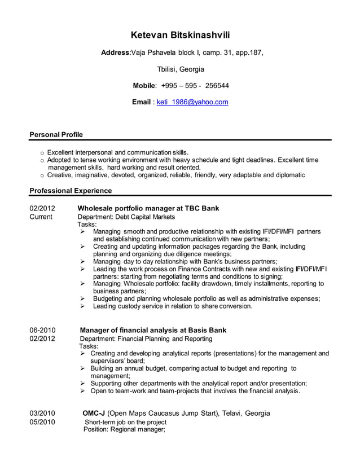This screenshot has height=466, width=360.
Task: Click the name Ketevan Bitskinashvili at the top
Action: (x=180, y=35)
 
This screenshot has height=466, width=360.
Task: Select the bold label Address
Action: (x=115, y=53)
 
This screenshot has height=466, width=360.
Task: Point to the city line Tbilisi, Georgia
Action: (x=180, y=69)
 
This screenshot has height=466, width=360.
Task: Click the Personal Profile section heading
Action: (x=56, y=134)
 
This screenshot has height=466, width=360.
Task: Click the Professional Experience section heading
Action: (x=71, y=191)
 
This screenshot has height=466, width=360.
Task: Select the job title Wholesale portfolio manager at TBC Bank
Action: (x=148, y=208)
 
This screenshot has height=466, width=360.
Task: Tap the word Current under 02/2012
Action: (x=41, y=217)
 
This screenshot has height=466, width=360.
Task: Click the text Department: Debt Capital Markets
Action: (x=126, y=217)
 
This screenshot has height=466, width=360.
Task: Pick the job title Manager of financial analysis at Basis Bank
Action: (x=153, y=330)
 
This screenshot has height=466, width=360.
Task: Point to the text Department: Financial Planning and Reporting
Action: (x=146, y=338)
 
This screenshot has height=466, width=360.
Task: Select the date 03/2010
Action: (x=42, y=413)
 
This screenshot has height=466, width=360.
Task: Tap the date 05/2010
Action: (x=42, y=422)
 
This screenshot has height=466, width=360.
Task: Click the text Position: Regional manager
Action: (x=124, y=430)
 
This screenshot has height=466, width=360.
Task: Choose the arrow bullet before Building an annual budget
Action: (x=82, y=368)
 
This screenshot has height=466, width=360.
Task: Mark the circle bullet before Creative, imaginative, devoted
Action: (x=42, y=175)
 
